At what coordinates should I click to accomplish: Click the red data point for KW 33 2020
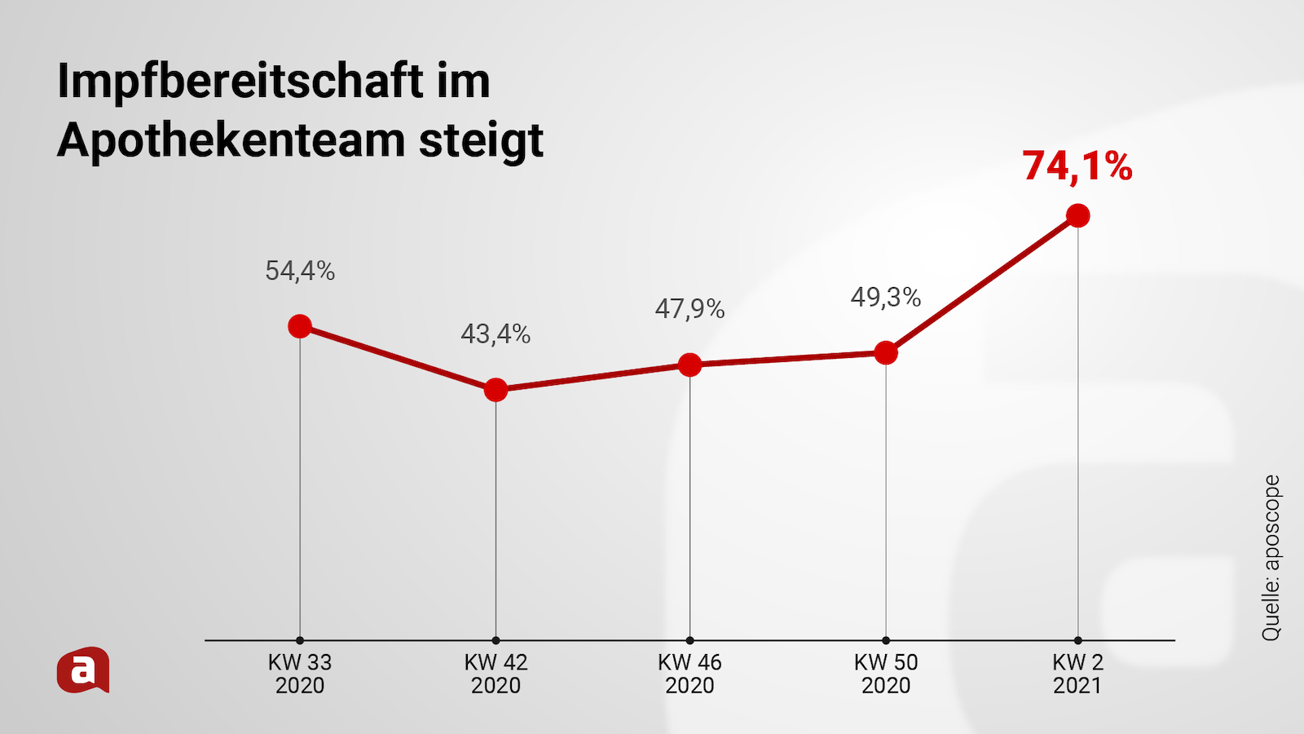[x=300, y=326]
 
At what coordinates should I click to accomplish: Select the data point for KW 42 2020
[x=496, y=390]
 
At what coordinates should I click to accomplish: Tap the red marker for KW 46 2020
[x=689, y=365]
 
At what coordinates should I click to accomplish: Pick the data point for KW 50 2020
[x=886, y=353]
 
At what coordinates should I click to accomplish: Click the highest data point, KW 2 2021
[x=1077, y=216]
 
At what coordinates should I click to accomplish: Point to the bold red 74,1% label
[x=1077, y=166]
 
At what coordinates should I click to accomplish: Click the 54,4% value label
[x=300, y=271]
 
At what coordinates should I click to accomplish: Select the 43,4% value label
[x=496, y=334]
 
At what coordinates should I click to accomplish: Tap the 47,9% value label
[x=689, y=308]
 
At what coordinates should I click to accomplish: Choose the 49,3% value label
[x=886, y=297]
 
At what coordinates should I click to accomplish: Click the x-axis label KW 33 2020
[x=300, y=674]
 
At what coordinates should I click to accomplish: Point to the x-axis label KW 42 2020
[x=496, y=674]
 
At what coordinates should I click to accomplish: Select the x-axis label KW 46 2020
[x=689, y=674]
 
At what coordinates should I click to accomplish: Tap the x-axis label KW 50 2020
[x=886, y=674]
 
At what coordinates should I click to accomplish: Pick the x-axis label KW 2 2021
[x=1077, y=674]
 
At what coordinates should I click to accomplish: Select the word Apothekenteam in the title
[x=231, y=140]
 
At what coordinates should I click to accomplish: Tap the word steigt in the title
[x=481, y=140]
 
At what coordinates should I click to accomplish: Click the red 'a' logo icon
[x=83, y=670]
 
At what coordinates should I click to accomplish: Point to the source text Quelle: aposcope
[x=1271, y=558]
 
